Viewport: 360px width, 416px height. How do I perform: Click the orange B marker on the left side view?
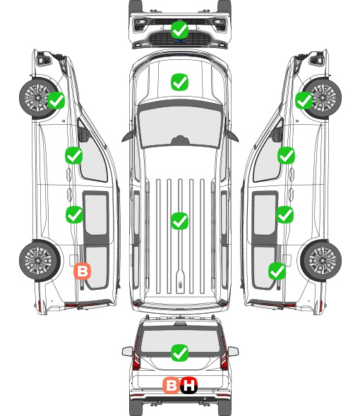pos(83,271)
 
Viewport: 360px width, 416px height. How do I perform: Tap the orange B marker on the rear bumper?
pos(171,385)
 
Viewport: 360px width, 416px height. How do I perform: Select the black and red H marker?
pos(188,385)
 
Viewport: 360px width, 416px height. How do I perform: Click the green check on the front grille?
pos(180,30)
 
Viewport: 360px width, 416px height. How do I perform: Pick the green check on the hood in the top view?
pos(180,82)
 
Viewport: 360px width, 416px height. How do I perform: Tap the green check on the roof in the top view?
pos(180,221)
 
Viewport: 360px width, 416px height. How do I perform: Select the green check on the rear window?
pos(180,353)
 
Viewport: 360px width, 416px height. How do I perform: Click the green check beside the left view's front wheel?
pos(56,100)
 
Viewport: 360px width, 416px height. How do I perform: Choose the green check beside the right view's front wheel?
pos(304,100)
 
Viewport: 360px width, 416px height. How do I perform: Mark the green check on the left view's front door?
pos(74,155)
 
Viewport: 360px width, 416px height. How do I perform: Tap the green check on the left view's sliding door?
pos(74,214)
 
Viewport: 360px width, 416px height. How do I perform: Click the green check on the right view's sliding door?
pos(285,214)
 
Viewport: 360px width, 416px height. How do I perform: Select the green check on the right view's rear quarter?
pos(277,271)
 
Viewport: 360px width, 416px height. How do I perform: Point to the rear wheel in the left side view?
pos(39,261)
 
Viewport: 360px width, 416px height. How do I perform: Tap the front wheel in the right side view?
pos(323,97)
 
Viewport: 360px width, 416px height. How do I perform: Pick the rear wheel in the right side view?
pos(321,261)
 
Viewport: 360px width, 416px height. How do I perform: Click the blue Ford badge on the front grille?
pos(180,41)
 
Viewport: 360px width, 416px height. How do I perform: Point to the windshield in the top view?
pos(180,127)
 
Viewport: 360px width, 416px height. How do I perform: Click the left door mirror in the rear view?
pos(127,351)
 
